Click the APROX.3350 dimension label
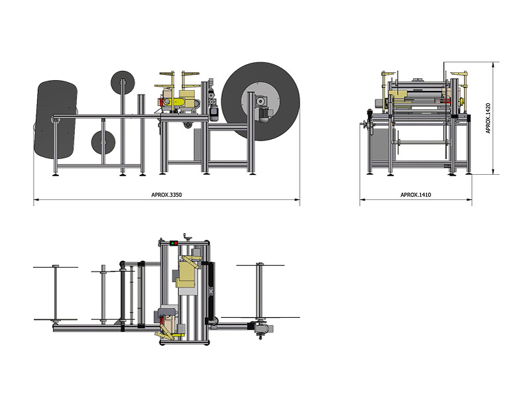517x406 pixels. point(166,195)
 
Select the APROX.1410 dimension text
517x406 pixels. point(416,195)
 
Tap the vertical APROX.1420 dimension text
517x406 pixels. point(488,119)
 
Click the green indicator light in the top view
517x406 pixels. point(172,243)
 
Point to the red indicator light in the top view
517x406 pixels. point(176,243)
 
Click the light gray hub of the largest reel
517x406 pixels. point(260,101)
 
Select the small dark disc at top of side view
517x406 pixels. point(123,83)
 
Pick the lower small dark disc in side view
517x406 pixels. point(103,142)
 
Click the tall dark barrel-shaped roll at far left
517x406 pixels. point(56,119)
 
